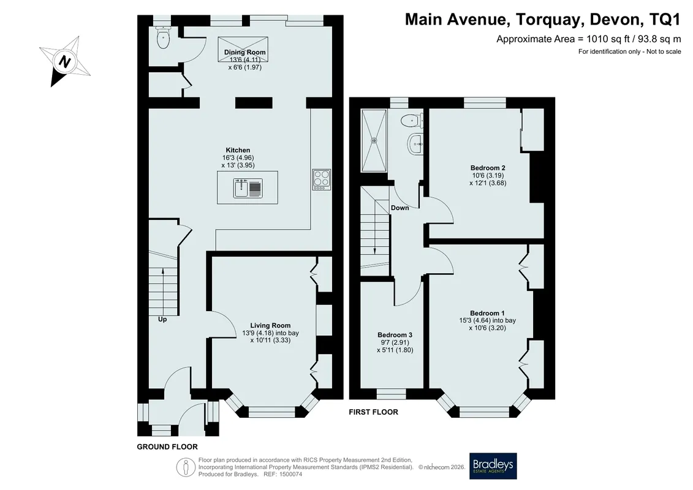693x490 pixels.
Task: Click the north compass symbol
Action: pyautogui.click(x=64, y=61)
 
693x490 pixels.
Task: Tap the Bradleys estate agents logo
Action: pyautogui.click(x=493, y=466)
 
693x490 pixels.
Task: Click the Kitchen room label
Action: pyautogui.click(x=238, y=150)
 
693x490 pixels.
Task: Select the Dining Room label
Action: pyautogui.click(x=245, y=52)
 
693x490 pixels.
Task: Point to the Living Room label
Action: pyautogui.click(x=270, y=326)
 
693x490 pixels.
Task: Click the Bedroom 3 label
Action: pyautogui.click(x=395, y=335)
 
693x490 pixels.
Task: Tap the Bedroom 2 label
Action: pyautogui.click(x=488, y=168)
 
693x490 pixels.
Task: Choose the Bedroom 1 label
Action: pyautogui.click(x=488, y=313)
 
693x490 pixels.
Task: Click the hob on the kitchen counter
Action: pyautogui.click(x=321, y=179)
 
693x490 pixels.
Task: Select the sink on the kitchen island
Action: pyautogui.click(x=248, y=188)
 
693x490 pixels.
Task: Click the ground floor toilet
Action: pyautogui.click(x=163, y=37)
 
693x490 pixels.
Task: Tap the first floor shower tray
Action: pyautogui.click(x=374, y=140)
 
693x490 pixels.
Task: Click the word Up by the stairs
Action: pyautogui.click(x=162, y=319)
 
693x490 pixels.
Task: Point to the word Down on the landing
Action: pyautogui.click(x=400, y=208)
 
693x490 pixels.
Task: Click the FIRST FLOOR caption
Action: pyautogui.click(x=373, y=412)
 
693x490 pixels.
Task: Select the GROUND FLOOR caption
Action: pyautogui.click(x=167, y=447)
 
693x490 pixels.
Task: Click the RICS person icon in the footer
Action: pyautogui.click(x=186, y=467)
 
